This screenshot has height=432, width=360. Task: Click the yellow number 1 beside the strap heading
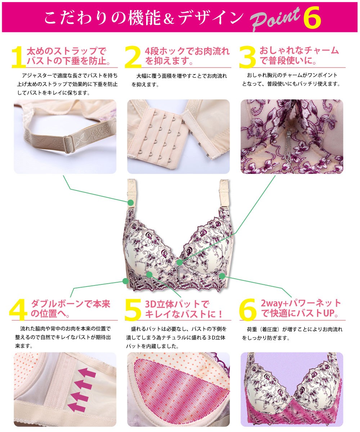point(18,57)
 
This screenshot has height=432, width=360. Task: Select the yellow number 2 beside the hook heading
point(133,57)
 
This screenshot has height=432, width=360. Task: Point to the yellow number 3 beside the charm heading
point(248,57)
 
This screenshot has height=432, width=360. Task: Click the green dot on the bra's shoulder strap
point(130,203)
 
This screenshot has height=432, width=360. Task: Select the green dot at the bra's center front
point(180,262)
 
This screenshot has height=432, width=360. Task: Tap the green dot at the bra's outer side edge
point(125,280)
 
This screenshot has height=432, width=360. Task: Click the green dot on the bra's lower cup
point(150,274)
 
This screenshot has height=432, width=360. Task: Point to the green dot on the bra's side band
point(222,276)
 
